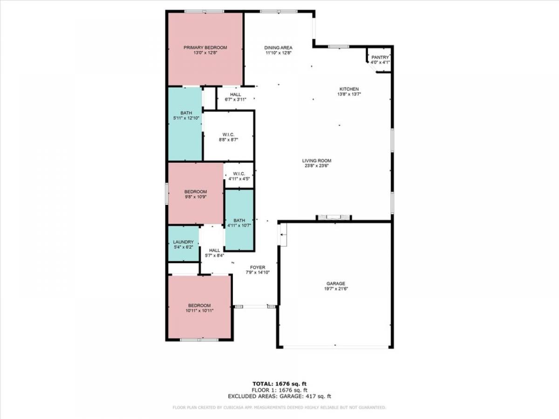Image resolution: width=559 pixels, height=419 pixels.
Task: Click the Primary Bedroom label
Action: click(205, 47)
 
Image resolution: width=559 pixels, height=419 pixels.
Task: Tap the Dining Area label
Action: click(278, 47)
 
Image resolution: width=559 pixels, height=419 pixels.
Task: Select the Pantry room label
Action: click(380, 57)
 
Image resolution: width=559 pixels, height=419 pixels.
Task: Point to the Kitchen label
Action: click(349, 89)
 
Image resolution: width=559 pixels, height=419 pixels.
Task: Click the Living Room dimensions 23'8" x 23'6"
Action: click(317, 166)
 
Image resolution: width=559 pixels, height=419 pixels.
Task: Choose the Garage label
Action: click(336, 284)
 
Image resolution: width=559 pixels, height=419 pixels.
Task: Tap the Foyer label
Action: click(258, 267)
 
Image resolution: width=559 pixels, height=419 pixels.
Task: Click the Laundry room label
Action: click(184, 242)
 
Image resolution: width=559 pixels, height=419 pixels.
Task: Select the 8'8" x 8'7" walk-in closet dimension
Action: click(228, 140)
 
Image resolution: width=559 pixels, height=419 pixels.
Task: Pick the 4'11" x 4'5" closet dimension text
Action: click(239, 179)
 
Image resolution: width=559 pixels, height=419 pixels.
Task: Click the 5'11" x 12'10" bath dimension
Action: click(186, 118)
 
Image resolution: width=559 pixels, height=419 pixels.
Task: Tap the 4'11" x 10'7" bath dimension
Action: click(239, 225)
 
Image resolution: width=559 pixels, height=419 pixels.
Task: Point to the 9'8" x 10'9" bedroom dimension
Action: click(196, 196)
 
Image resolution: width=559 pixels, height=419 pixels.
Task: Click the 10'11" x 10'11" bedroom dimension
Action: click(199, 311)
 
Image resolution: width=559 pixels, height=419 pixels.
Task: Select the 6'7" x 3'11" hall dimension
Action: click(236, 100)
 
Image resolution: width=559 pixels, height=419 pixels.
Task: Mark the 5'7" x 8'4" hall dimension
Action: click(214, 256)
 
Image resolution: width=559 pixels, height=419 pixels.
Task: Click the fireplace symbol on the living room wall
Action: click(334, 218)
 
